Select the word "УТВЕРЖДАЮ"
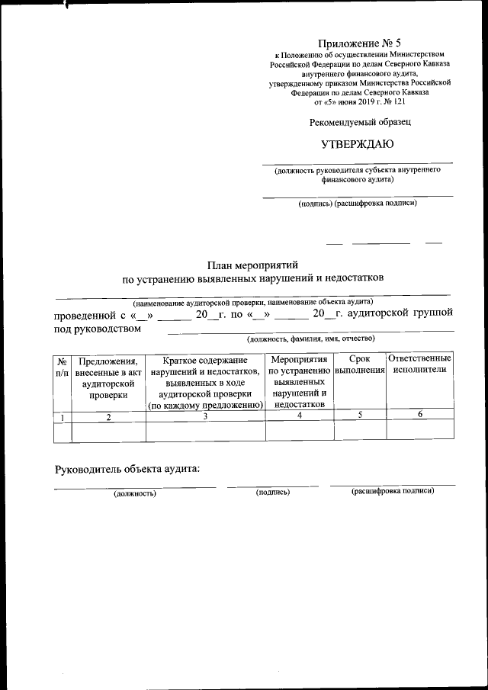358,144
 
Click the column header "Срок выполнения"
359,364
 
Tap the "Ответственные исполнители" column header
419,364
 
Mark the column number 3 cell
205,416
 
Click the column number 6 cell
420,414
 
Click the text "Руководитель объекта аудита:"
126,467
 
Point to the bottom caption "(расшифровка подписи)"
392,491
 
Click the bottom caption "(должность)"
135,494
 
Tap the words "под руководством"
97,328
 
